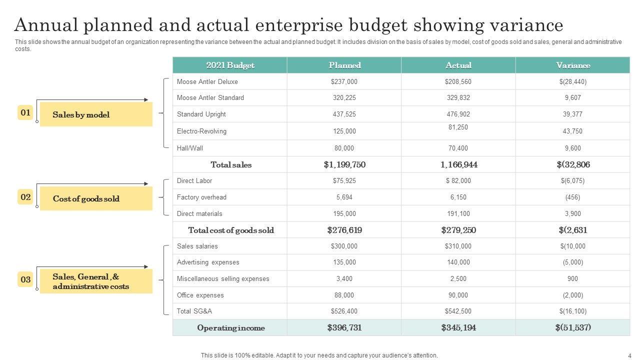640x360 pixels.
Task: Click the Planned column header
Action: pyautogui.click(x=344, y=65)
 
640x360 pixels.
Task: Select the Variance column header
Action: pyautogui.click(x=573, y=65)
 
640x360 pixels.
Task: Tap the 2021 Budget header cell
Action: pyautogui.click(x=230, y=65)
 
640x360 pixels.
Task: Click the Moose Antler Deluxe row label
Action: pyautogui.click(x=207, y=81)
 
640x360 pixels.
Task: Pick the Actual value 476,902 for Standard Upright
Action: pyautogui.click(x=458, y=114)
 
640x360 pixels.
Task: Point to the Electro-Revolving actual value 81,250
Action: pyautogui.click(x=458, y=127)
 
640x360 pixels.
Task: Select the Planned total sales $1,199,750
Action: pyautogui.click(x=344, y=164)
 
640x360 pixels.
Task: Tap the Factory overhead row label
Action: pyautogui.click(x=201, y=197)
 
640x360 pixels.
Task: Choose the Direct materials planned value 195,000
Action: pyautogui.click(x=344, y=213)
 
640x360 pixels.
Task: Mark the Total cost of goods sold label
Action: pyautogui.click(x=231, y=230)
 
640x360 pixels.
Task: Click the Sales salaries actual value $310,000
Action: pyautogui.click(x=458, y=246)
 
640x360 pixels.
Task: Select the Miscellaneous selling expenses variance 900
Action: pyautogui.click(x=573, y=278)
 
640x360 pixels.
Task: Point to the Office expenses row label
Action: pyautogui.click(x=199, y=295)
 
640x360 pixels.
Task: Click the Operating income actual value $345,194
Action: pyautogui.click(x=458, y=327)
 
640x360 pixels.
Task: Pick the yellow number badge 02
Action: pyautogui.click(x=25, y=197)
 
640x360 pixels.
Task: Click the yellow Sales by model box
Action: pyautogui.click(x=96, y=114)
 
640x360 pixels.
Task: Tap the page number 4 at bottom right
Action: pyautogui.click(x=629, y=355)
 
